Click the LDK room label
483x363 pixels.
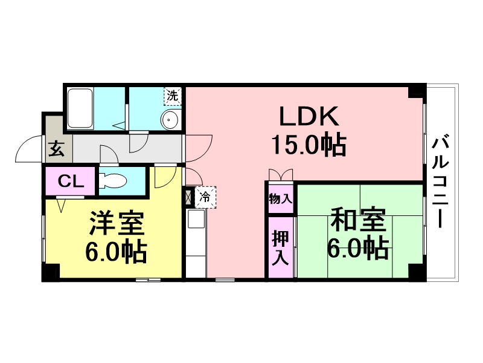(x=309, y=116)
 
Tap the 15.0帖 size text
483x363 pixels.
(x=309, y=145)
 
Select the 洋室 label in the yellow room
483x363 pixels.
(x=117, y=223)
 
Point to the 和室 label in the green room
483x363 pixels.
(x=358, y=220)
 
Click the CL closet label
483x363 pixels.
(x=71, y=181)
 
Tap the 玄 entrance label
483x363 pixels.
(x=56, y=148)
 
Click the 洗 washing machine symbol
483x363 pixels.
(x=173, y=96)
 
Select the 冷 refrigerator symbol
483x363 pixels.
(x=205, y=197)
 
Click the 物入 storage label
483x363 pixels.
(x=280, y=199)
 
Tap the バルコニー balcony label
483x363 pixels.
(x=440, y=182)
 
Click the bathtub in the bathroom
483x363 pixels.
(x=80, y=108)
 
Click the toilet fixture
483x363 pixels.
(x=113, y=181)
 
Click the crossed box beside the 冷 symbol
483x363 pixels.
(x=188, y=197)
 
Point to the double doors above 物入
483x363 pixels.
(x=280, y=175)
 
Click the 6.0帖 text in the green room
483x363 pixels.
(x=357, y=247)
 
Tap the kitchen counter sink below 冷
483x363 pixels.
(x=196, y=219)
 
